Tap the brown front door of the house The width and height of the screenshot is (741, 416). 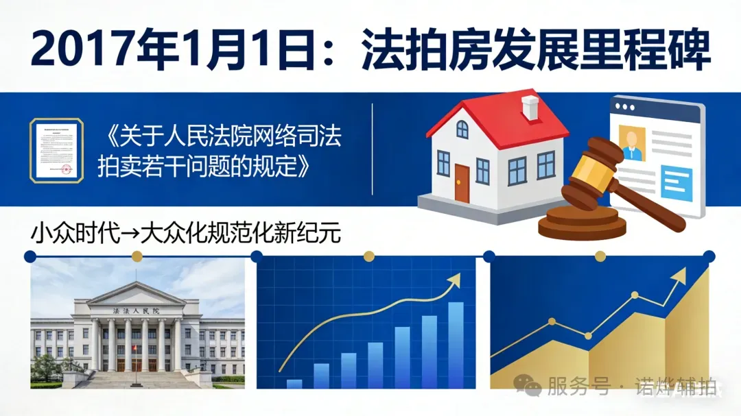462,183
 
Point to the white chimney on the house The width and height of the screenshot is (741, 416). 530,108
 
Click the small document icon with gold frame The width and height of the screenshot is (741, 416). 56,150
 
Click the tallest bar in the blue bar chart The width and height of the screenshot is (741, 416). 456,345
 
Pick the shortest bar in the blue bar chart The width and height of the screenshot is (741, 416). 294,383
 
